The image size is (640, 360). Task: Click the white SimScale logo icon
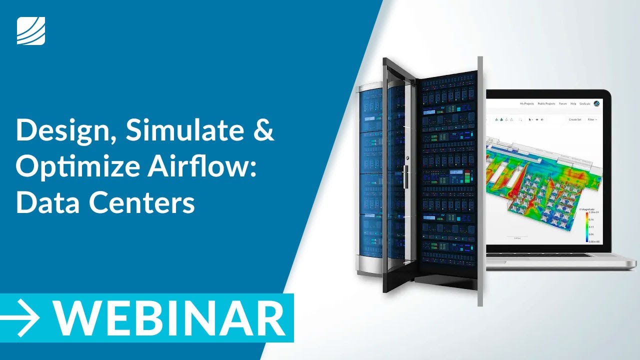pyautogui.click(x=31, y=30)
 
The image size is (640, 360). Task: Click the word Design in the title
pyautogui.click(x=65, y=131)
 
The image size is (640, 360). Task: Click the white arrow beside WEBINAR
pyautogui.click(x=21, y=318)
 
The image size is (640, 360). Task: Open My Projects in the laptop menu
pyautogui.click(x=527, y=104)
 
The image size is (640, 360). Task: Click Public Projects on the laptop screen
pyautogui.click(x=546, y=104)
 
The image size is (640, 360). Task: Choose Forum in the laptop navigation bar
pyautogui.click(x=563, y=104)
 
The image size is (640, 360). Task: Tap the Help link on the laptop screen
pyautogui.click(x=573, y=104)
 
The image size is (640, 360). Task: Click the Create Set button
pyautogui.click(x=575, y=119)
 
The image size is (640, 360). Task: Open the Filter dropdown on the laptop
pyautogui.click(x=592, y=119)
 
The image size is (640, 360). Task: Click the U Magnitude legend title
pyautogui.click(x=587, y=208)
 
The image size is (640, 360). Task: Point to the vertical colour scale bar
pyautogui.click(x=587, y=227)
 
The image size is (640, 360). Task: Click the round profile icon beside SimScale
pyautogui.click(x=596, y=104)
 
